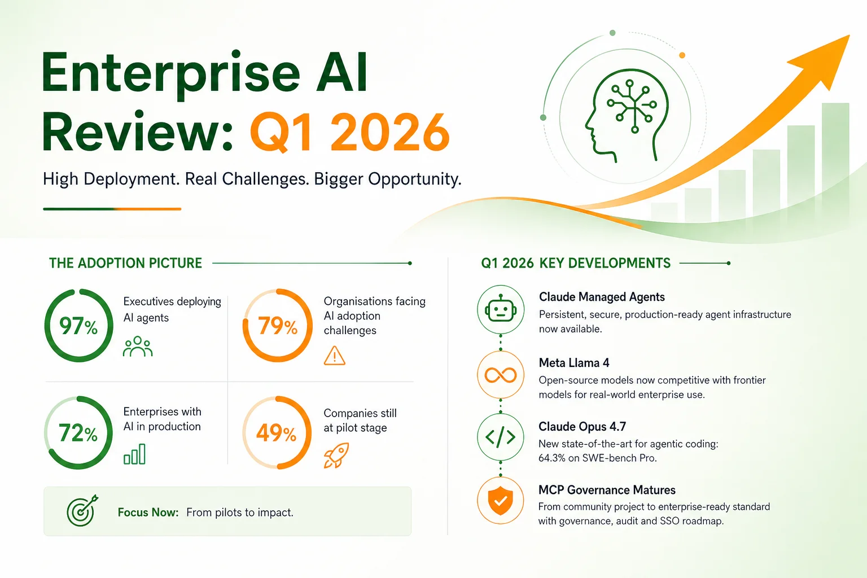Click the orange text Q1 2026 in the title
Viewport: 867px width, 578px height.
click(349, 132)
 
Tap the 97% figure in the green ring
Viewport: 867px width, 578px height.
click(78, 326)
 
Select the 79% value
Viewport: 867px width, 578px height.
click(278, 326)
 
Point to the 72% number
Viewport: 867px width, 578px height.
click(78, 433)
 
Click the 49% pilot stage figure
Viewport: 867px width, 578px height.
click(277, 433)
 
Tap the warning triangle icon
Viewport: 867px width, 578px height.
click(334, 356)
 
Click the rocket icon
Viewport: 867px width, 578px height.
click(336, 456)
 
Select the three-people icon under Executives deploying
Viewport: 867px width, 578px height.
click(138, 346)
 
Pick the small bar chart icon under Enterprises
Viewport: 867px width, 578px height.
click(134, 454)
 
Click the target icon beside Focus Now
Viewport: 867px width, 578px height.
click(82, 511)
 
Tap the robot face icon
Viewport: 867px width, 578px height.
click(501, 309)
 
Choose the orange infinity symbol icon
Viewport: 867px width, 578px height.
click(501, 375)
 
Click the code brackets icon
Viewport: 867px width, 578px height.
click(501, 437)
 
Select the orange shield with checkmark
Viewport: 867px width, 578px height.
click(501, 501)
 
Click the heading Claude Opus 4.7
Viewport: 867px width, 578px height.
click(582, 426)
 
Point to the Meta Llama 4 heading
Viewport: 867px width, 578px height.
click(574, 363)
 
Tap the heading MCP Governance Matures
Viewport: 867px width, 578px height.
click(607, 490)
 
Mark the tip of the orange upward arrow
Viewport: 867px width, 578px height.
click(850, 35)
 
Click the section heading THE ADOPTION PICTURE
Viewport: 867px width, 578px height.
click(125, 263)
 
